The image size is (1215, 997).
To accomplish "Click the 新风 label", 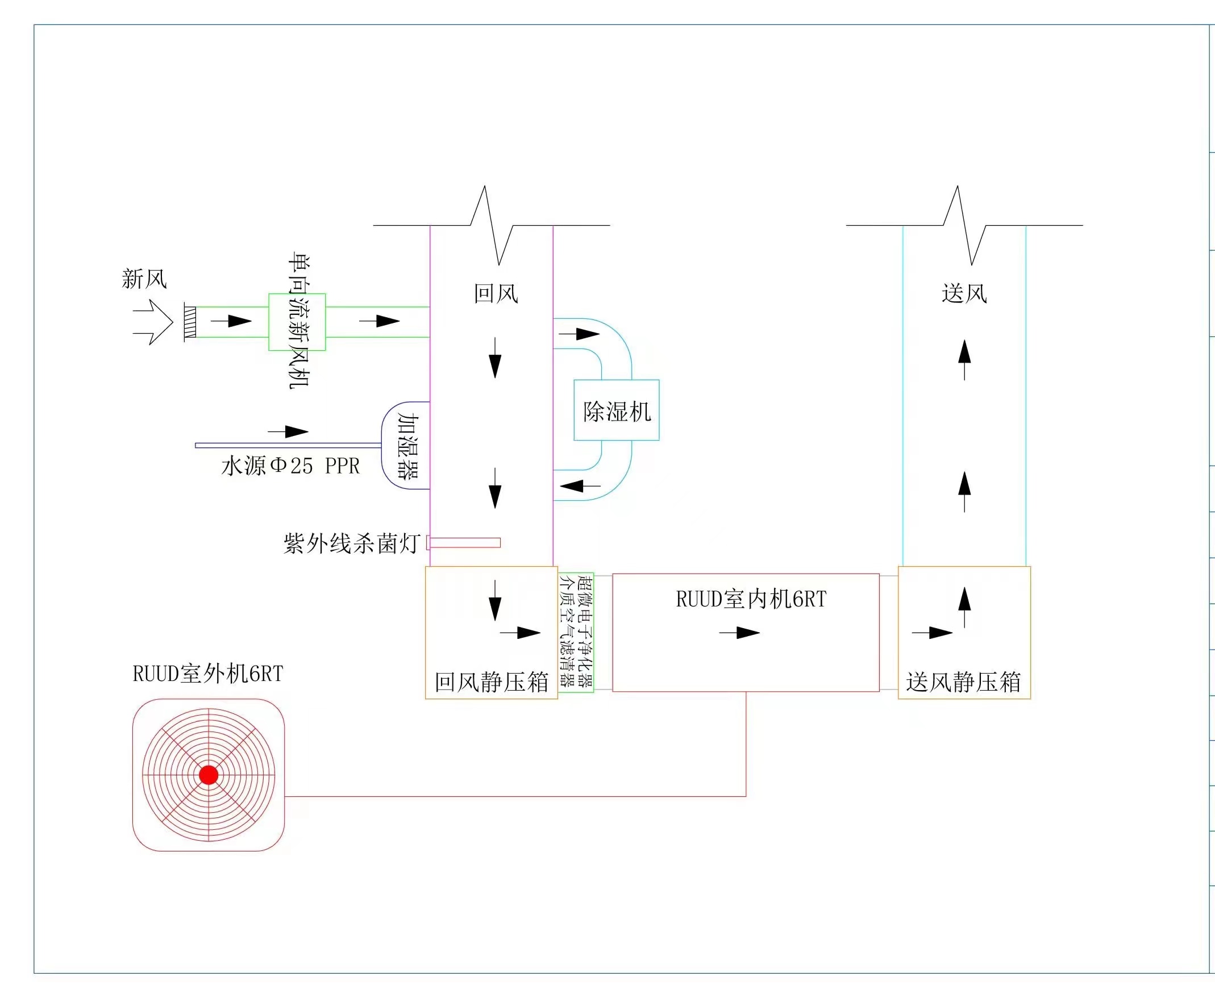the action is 144,279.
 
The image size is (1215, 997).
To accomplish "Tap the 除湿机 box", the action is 616,410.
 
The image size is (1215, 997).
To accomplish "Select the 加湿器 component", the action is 405,446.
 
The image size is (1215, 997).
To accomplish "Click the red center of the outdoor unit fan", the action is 209,775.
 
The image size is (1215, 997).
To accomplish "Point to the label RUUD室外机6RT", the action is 208,674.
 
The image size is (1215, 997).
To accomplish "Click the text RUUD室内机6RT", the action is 751,599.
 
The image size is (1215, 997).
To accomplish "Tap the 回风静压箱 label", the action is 492,682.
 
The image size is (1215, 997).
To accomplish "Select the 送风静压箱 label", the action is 963,682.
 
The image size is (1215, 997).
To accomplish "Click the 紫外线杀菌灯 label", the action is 352,543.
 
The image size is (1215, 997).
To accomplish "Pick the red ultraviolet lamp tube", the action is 464,543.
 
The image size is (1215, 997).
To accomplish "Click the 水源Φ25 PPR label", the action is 290,466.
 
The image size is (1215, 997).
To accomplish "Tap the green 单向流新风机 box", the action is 297,322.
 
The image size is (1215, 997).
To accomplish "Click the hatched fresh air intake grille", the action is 190,322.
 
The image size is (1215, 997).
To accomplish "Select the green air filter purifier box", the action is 576,632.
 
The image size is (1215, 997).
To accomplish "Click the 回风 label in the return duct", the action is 496,293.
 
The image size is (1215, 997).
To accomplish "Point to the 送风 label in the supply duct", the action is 964,293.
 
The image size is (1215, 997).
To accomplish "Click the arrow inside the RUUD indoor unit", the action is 739,633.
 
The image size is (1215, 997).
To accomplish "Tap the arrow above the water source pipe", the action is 288,431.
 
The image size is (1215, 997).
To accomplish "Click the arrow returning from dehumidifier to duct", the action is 581,486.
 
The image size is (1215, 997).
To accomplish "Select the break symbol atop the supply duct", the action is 964,225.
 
